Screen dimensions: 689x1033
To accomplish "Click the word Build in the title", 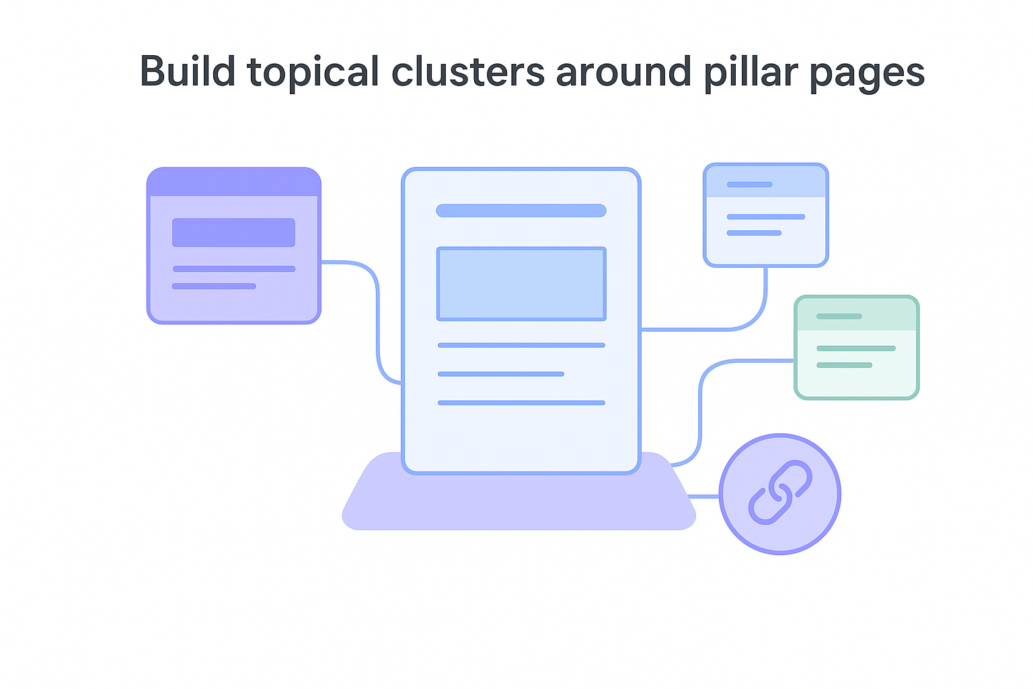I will coord(187,71).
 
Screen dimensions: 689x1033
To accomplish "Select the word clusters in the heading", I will coord(467,71).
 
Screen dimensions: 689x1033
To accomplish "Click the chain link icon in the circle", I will coord(780,493).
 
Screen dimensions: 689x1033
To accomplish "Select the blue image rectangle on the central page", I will coord(521,284).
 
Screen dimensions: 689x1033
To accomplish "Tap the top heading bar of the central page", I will coord(521,211).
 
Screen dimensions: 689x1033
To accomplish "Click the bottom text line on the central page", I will coord(521,402).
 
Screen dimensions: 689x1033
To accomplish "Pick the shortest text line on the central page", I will coord(500,373).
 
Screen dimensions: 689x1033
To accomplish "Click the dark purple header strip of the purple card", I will coord(233,182).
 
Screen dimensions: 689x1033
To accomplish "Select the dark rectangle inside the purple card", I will coord(233,232).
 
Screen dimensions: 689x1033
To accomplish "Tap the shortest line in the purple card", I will coord(214,286).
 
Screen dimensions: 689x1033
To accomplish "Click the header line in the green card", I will coord(839,316).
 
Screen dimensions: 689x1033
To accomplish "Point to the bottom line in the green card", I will coord(844,365).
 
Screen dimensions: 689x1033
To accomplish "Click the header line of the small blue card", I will coord(749,184).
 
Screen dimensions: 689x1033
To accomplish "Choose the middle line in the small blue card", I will coord(765,217).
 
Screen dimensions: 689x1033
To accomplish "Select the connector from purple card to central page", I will coord(377,316).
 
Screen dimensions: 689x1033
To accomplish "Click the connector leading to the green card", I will coord(701,404).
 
